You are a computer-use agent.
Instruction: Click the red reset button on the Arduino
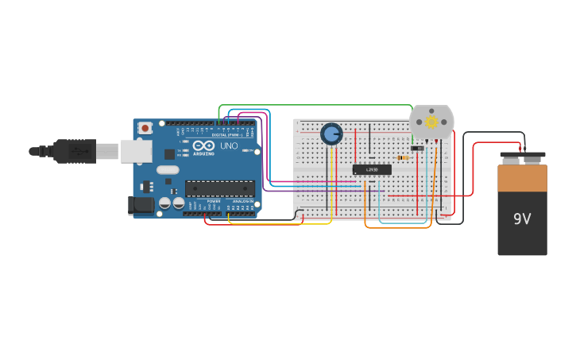145,127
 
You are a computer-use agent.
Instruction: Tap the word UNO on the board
229,146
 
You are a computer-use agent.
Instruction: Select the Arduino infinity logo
203,145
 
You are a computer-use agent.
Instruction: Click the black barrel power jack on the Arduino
141,205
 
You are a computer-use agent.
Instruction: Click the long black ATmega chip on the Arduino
220,188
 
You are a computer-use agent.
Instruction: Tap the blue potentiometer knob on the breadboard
331,134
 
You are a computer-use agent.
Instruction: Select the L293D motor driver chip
372,169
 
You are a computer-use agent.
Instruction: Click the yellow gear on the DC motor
431,122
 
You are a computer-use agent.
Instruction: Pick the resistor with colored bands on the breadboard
404,157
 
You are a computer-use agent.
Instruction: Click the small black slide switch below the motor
417,148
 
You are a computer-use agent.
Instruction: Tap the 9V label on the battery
522,219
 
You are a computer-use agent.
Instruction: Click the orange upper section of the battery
522,177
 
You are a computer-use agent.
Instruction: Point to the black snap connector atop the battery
522,155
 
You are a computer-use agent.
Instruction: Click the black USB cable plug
75,150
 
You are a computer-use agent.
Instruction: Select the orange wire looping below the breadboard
397,227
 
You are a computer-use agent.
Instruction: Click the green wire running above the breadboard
318,105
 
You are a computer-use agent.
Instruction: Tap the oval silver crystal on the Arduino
168,169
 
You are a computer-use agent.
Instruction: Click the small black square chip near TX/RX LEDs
169,154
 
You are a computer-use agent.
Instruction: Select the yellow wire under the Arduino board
278,223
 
